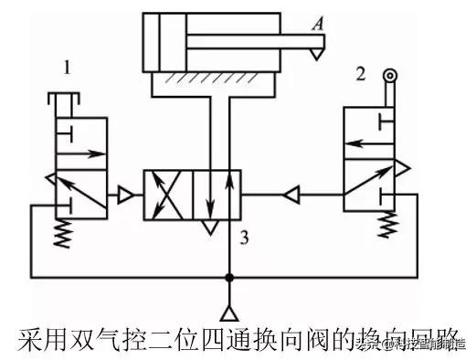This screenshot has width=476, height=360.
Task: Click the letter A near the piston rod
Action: tap(316, 26)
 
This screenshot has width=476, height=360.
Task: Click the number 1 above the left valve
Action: tap(67, 67)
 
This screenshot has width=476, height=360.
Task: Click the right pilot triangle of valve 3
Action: tap(290, 194)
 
